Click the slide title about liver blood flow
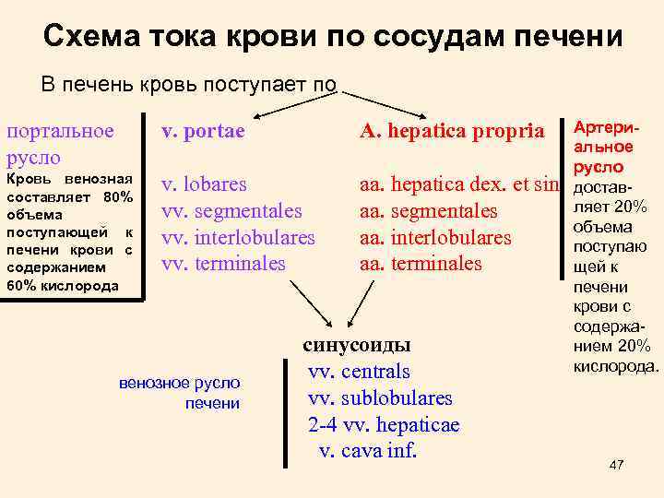(x=333, y=36)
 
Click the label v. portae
(x=203, y=131)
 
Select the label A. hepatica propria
(x=452, y=131)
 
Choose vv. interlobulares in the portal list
(x=238, y=237)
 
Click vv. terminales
(x=223, y=264)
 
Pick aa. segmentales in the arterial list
(x=428, y=211)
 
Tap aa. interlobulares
(x=434, y=237)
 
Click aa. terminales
(x=421, y=264)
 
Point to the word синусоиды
(x=357, y=345)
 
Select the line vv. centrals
(x=359, y=372)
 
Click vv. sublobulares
(x=380, y=398)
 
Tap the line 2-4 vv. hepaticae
(x=383, y=425)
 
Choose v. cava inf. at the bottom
(x=368, y=451)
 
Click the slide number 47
(x=617, y=466)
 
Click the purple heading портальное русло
(x=61, y=143)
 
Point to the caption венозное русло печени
(x=180, y=392)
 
